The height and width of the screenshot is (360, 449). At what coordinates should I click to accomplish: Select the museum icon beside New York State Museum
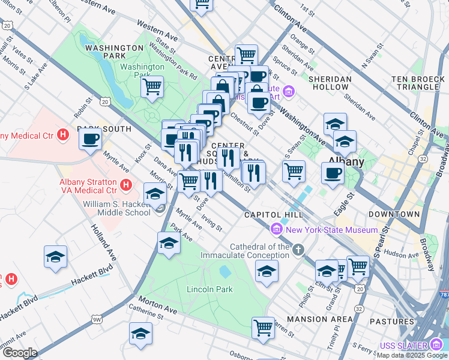tap(277, 229)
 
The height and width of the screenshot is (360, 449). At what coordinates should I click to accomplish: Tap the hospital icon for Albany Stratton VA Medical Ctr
tap(125, 184)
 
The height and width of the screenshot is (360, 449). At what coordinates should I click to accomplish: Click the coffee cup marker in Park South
tap(91, 139)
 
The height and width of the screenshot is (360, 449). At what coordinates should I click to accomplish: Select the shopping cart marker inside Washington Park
tap(152, 86)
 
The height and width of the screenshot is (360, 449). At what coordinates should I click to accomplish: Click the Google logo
tap(20, 353)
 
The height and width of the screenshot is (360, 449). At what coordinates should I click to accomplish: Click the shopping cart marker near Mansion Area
tap(263, 328)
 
